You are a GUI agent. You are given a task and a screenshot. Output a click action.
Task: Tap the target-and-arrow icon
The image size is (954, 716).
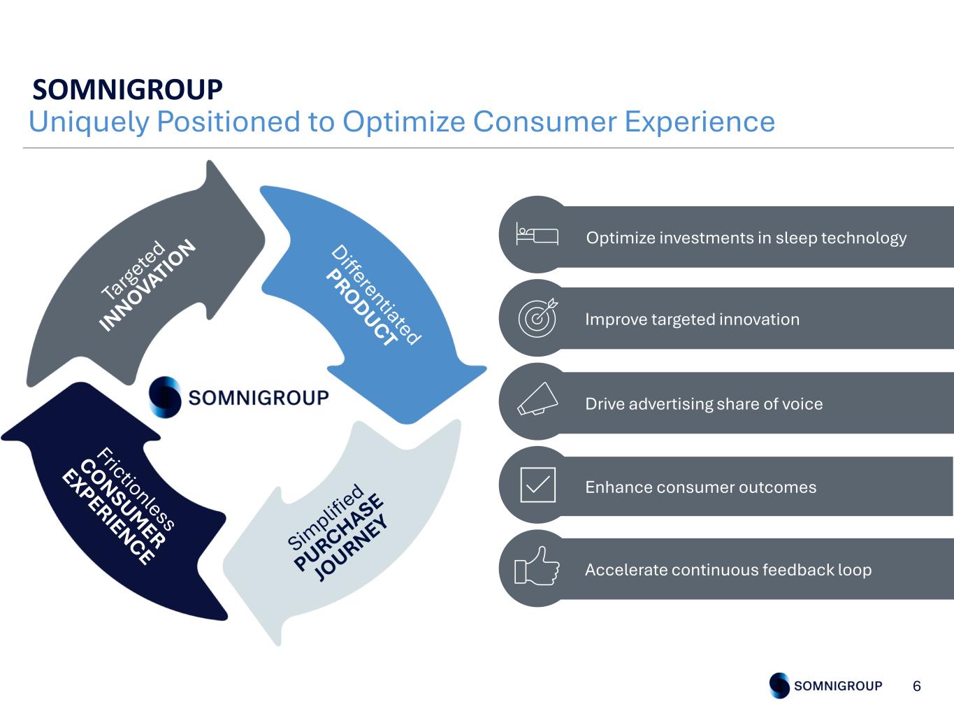537,317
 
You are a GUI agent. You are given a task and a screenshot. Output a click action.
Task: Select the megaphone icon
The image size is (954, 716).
537,399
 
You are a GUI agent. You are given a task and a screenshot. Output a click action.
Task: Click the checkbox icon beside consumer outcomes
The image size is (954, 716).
537,485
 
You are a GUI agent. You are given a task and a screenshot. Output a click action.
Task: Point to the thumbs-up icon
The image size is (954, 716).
537,566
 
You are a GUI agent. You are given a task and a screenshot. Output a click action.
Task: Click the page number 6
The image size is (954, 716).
917,686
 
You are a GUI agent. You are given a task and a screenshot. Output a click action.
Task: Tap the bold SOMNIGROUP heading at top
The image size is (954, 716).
127,89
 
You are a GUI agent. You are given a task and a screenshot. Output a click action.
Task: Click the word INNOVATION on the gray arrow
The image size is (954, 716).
147,285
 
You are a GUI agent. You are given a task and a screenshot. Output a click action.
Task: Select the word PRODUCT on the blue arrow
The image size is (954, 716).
362,307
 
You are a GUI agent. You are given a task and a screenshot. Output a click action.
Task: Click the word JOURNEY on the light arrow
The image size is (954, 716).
351,547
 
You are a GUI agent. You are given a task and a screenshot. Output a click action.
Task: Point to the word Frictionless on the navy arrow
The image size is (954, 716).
136,488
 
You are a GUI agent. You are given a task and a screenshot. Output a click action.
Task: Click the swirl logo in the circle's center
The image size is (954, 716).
165,397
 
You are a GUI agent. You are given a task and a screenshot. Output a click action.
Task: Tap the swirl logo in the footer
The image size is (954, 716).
779,685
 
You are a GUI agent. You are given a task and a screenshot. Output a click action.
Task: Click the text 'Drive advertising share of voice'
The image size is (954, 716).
704,404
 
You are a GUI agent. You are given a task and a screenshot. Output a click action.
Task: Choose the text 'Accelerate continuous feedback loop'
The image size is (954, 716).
728,569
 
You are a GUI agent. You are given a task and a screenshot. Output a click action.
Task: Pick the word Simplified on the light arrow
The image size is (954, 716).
325,517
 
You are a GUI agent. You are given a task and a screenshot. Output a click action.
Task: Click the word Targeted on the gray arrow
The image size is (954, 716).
133,270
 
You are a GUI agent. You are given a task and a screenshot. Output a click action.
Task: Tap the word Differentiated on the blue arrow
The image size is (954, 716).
376,295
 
